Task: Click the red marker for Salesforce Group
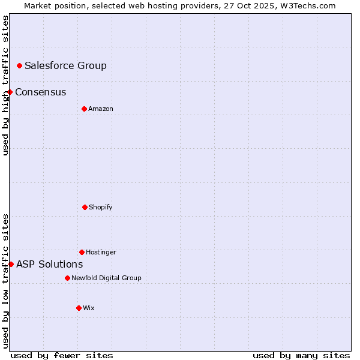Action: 19,65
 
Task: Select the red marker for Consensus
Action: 10,92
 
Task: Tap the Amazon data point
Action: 84,109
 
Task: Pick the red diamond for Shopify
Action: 85,207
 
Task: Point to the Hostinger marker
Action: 82,252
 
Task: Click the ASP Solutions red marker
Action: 11,264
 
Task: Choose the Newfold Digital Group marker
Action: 67,278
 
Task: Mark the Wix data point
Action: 79,308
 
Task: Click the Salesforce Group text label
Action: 65,66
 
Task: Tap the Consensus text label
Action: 40,92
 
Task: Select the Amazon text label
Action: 101,109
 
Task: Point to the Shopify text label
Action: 101,208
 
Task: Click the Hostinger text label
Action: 101,253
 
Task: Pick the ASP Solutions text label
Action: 49,265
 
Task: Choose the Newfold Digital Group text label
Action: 106,278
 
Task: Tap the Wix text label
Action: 89,308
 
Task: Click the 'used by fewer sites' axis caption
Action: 62,356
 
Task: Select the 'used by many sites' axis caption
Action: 301,356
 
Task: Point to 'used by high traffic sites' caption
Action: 5,85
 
